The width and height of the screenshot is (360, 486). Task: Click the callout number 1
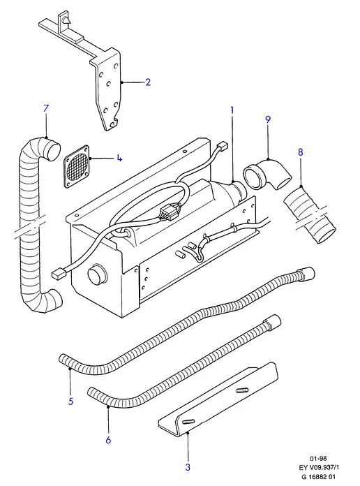(x=232, y=110)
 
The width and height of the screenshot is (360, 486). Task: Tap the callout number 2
(x=148, y=82)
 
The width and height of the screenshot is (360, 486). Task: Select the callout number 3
(x=188, y=467)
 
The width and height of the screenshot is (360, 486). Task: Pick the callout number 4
(x=119, y=158)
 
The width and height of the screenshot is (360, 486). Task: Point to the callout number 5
(x=71, y=402)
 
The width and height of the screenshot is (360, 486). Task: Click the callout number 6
(x=108, y=440)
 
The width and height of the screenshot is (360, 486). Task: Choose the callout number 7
(x=46, y=108)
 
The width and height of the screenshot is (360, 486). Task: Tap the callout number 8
(x=300, y=152)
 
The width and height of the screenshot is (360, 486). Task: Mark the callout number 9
(x=268, y=119)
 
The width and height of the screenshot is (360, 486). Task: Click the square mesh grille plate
(x=77, y=166)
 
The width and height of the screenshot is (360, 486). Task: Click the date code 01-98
(x=318, y=458)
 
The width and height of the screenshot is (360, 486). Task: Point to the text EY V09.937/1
(x=318, y=467)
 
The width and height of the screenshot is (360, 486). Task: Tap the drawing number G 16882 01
(x=318, y=476)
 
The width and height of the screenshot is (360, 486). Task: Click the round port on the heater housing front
(x=97, y=274)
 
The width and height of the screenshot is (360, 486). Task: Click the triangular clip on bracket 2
(x=66, y=20)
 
